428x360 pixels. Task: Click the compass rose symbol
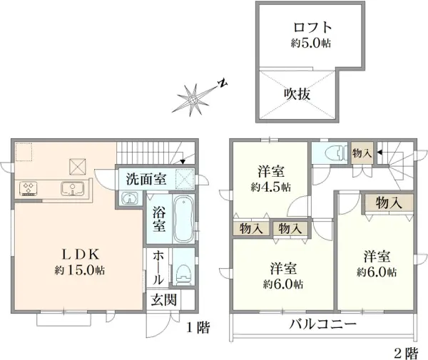(193, 100)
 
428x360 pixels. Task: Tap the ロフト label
(312, 27)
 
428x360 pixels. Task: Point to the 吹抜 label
(297, 94)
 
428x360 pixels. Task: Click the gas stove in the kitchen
(28, 188)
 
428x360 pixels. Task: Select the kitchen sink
(72, 189)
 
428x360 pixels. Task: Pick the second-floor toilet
(336, 153)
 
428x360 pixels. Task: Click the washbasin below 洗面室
(130, 198)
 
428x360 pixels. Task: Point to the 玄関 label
(164, 299)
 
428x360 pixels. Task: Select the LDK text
(80, 254)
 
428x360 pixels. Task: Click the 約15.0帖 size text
(80, 270)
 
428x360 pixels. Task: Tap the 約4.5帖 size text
(271, 187)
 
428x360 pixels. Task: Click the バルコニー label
(323, 324)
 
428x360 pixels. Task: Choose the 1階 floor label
(198, 327)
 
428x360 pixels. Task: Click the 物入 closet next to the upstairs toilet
(362, 153)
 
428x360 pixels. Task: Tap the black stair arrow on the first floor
(183, 162)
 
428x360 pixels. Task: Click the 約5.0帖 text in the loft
(311, 43)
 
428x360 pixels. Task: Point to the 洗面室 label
(146, 179)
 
